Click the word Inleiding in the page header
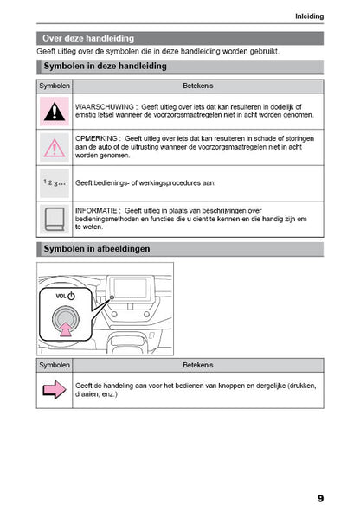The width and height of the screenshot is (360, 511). click(x=309, y=16)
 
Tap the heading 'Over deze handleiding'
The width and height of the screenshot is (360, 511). click(x=88, y=38)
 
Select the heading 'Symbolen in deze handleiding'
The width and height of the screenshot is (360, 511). click(x=105, y=67)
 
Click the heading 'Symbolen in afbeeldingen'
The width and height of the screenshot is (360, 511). click(x=96, y=249)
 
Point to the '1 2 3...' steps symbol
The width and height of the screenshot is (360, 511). click(x=55, y=183)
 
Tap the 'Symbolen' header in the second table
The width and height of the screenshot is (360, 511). click(x=55, y=366)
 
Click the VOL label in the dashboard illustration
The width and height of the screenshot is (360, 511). click(x=61, y=296)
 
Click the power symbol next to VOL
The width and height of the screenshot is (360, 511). click(x=72, y=296)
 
